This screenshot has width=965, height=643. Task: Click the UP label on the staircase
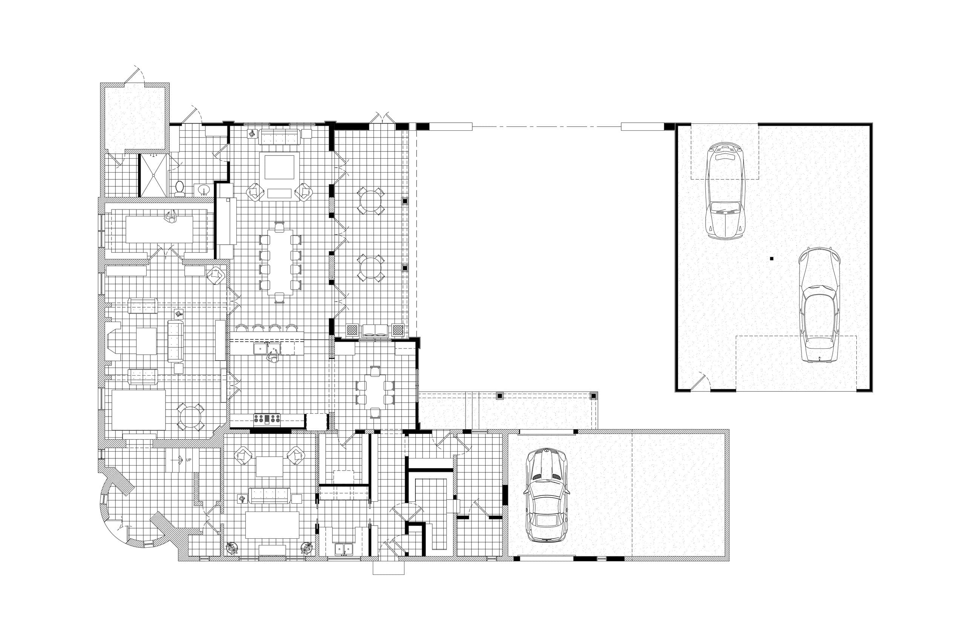[x=188, y=460]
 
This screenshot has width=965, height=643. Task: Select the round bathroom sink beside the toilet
[x=204, y=190]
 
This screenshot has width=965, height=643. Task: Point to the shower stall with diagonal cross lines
[x=153, y=175]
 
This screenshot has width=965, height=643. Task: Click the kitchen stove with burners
[x=267, y=418]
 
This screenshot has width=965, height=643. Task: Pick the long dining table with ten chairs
[x=280, y=262]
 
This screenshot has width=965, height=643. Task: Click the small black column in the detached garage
[x=772, y=259]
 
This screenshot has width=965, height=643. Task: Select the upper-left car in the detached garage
[x=725, y=191]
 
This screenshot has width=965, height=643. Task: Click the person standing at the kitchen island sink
[x=273, y=357]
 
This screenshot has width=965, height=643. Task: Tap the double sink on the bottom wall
[x=344, y=549]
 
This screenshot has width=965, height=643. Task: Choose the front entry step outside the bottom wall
[x=388, y=568]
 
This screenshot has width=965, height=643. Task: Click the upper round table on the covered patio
[x=371, y=201]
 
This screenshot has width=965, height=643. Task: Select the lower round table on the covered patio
[x=371, y=268]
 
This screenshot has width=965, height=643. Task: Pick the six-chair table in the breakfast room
[x=375, y=392]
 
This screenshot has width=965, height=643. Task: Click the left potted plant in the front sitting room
[x=232, y=548]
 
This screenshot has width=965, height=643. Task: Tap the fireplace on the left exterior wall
[x=112, y=341]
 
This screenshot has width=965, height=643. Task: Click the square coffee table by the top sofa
[x=279, y=167]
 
